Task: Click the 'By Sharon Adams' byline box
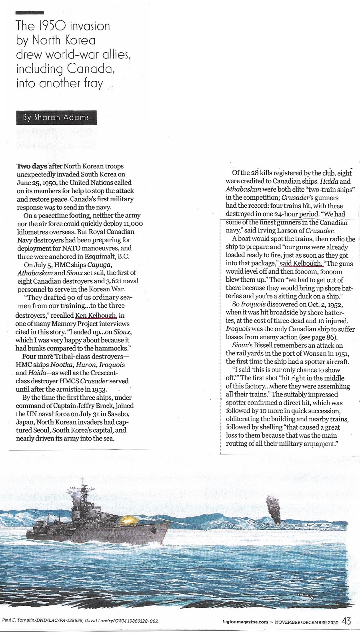[x=56, y=118]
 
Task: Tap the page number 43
[x=346, y=621]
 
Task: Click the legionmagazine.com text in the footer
[x=246, y=622]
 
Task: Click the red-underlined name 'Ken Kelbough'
[x=96, y=315]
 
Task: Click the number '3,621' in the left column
[x=115, y=281]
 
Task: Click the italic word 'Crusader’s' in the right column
[x=298, y=197]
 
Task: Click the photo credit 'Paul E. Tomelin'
[x=18, y=621]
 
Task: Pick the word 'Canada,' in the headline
[x=91, y=69]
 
